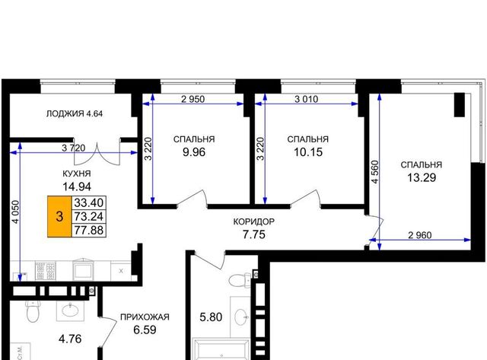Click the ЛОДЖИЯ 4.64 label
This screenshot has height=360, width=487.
click(75, 113)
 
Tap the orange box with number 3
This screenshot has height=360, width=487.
click(59, 216)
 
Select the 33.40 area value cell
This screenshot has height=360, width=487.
click(89, 202)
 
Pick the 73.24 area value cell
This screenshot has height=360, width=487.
click(89, 216)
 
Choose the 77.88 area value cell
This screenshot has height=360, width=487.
click(89, 230)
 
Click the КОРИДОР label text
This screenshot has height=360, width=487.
click(253, 221)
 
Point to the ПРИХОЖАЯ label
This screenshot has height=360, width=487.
click(145, 317)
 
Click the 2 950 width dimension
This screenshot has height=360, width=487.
click(193, 99)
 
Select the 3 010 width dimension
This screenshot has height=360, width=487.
click(306, 99)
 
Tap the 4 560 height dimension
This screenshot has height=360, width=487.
click(375, 172)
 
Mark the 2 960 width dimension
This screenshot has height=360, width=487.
click(419, 235)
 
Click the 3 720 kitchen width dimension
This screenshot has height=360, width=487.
click(73, 148)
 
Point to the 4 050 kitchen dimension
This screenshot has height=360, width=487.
click(15, 212)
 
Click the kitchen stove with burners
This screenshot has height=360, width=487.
click(46, 271)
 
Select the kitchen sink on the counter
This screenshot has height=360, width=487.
click(83, 269)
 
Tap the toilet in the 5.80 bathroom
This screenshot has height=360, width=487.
click(240, 280)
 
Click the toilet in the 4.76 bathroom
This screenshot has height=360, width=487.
click(32, 311)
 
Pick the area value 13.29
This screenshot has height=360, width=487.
click(422, 177)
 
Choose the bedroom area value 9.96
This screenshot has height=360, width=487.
click(194, 152)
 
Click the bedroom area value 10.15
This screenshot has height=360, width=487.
click(308, 152)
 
